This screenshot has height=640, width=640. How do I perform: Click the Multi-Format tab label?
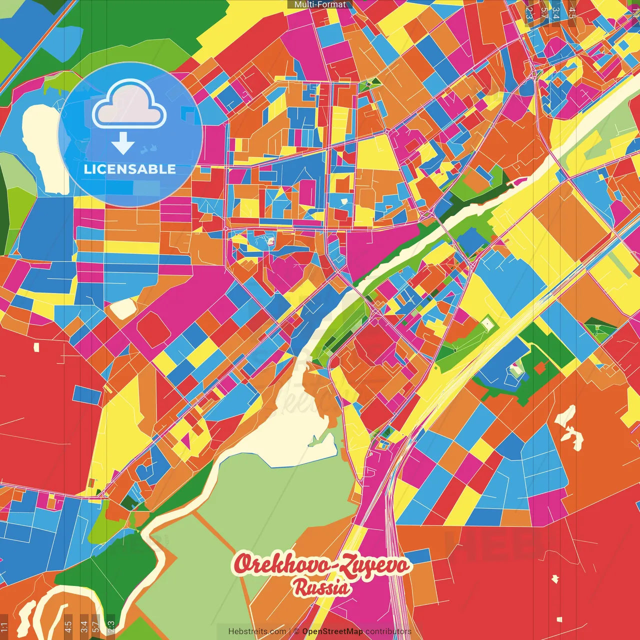[x=320, y=4]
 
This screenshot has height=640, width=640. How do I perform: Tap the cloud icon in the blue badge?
[x=129, y=106]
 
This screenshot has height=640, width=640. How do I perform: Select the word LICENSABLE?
[x=130, y=169]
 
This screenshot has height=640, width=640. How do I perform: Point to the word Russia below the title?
[x=321, y=588]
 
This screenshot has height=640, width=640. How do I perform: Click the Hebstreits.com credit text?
[x=257, y=631]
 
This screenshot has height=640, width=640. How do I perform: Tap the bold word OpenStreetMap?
[x=332, y=631]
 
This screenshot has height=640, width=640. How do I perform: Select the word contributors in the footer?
[x=388, y=631]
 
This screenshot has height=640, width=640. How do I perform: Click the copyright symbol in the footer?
[x=296, y=631]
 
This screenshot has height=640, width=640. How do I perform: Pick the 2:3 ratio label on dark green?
[x=110, y=626]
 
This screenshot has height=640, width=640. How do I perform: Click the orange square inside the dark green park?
[x=539, y=368]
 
